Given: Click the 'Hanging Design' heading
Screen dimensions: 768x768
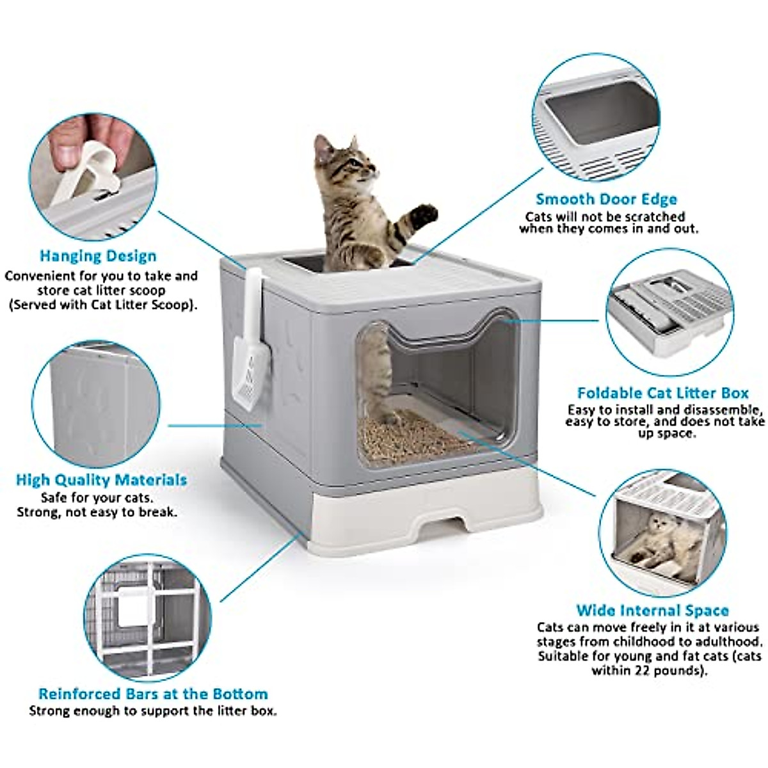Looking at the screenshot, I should (98, 256).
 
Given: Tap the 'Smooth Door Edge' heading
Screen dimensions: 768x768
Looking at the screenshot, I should (606, 199).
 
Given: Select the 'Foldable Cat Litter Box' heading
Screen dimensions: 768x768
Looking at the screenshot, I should (662, 393).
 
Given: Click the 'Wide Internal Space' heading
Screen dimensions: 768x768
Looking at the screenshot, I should (652, 610).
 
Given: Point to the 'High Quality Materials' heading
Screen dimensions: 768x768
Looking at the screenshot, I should (101, 479).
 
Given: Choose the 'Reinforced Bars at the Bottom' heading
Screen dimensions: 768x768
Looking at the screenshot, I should (153, 694).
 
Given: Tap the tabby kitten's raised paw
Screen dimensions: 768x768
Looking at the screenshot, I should (424, 216).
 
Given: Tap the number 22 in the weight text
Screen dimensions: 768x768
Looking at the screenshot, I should (644, 671).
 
